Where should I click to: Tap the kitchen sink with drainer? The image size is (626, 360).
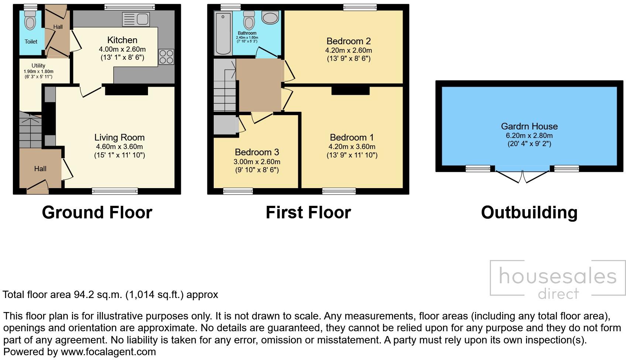click(x=135, y=19)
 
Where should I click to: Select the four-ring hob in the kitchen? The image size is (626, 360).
click(x=166, y=57)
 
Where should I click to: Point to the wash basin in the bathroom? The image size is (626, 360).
click(x=271, y=17)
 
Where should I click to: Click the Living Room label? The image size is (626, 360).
click(x=119, y=138)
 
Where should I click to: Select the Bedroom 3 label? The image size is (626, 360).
click(x=257, y=152)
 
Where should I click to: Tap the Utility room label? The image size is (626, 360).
click(x=38, y=66)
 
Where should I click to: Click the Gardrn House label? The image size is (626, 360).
click(x=529, y=126)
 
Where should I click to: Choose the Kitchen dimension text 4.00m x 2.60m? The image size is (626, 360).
click(x=122, y=49)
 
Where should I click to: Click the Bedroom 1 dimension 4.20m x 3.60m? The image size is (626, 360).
click(x=352, y=146)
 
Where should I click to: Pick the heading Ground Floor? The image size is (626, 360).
click(x=97, y=212)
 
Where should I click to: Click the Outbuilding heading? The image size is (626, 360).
click(x=529, y=212)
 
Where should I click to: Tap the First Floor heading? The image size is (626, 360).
click(x=308, y=212)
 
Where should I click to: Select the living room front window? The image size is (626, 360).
click(x=115, y=191)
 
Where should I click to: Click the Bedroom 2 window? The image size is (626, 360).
click(x=360, y=7)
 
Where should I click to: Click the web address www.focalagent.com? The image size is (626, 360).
click(x=108, y=352)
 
